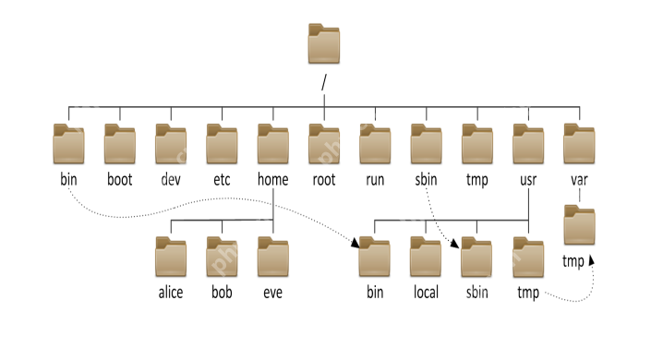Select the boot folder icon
[x=119, y=145]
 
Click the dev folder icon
[x=171, y=145]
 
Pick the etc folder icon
[x=222, y=145]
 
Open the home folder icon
[x=273, y=145]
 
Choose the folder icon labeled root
[x=324, y=145]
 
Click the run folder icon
[x=375, y=145]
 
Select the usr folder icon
[x=528, y=145]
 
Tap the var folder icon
[x=579, y=145]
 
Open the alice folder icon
[x=171, y=258]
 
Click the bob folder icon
[x=222, y=258]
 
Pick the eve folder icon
[x=273, y=258]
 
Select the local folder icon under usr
[x=426, y=258]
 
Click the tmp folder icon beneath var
[x=579, y=227]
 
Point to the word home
[x=273, y=179]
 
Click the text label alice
[x=171, y=293]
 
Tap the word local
[x=426, y=293]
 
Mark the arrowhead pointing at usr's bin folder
[x=356, y=244]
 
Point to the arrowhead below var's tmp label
[x=591, y=262]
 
